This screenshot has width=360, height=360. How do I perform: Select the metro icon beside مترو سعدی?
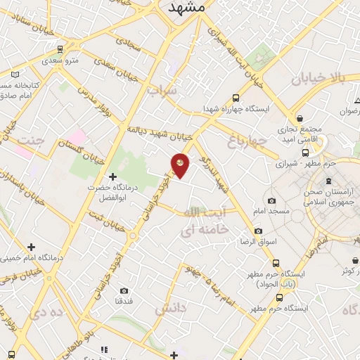pyautogui.click(x=60, y=50)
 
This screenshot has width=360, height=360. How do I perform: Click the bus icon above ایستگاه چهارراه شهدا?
pyautogui.click(x=236, y=98)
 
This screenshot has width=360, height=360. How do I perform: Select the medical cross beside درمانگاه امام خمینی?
pyautogui.click(x=31, y=247)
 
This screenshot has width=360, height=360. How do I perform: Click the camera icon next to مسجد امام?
pyautogui.click(x=271, y=201)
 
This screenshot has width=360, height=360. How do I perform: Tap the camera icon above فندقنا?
pyautogui.click(x=124, y=291)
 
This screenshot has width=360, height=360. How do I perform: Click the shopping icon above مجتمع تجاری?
pyautogui.click(x=300, y=118)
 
